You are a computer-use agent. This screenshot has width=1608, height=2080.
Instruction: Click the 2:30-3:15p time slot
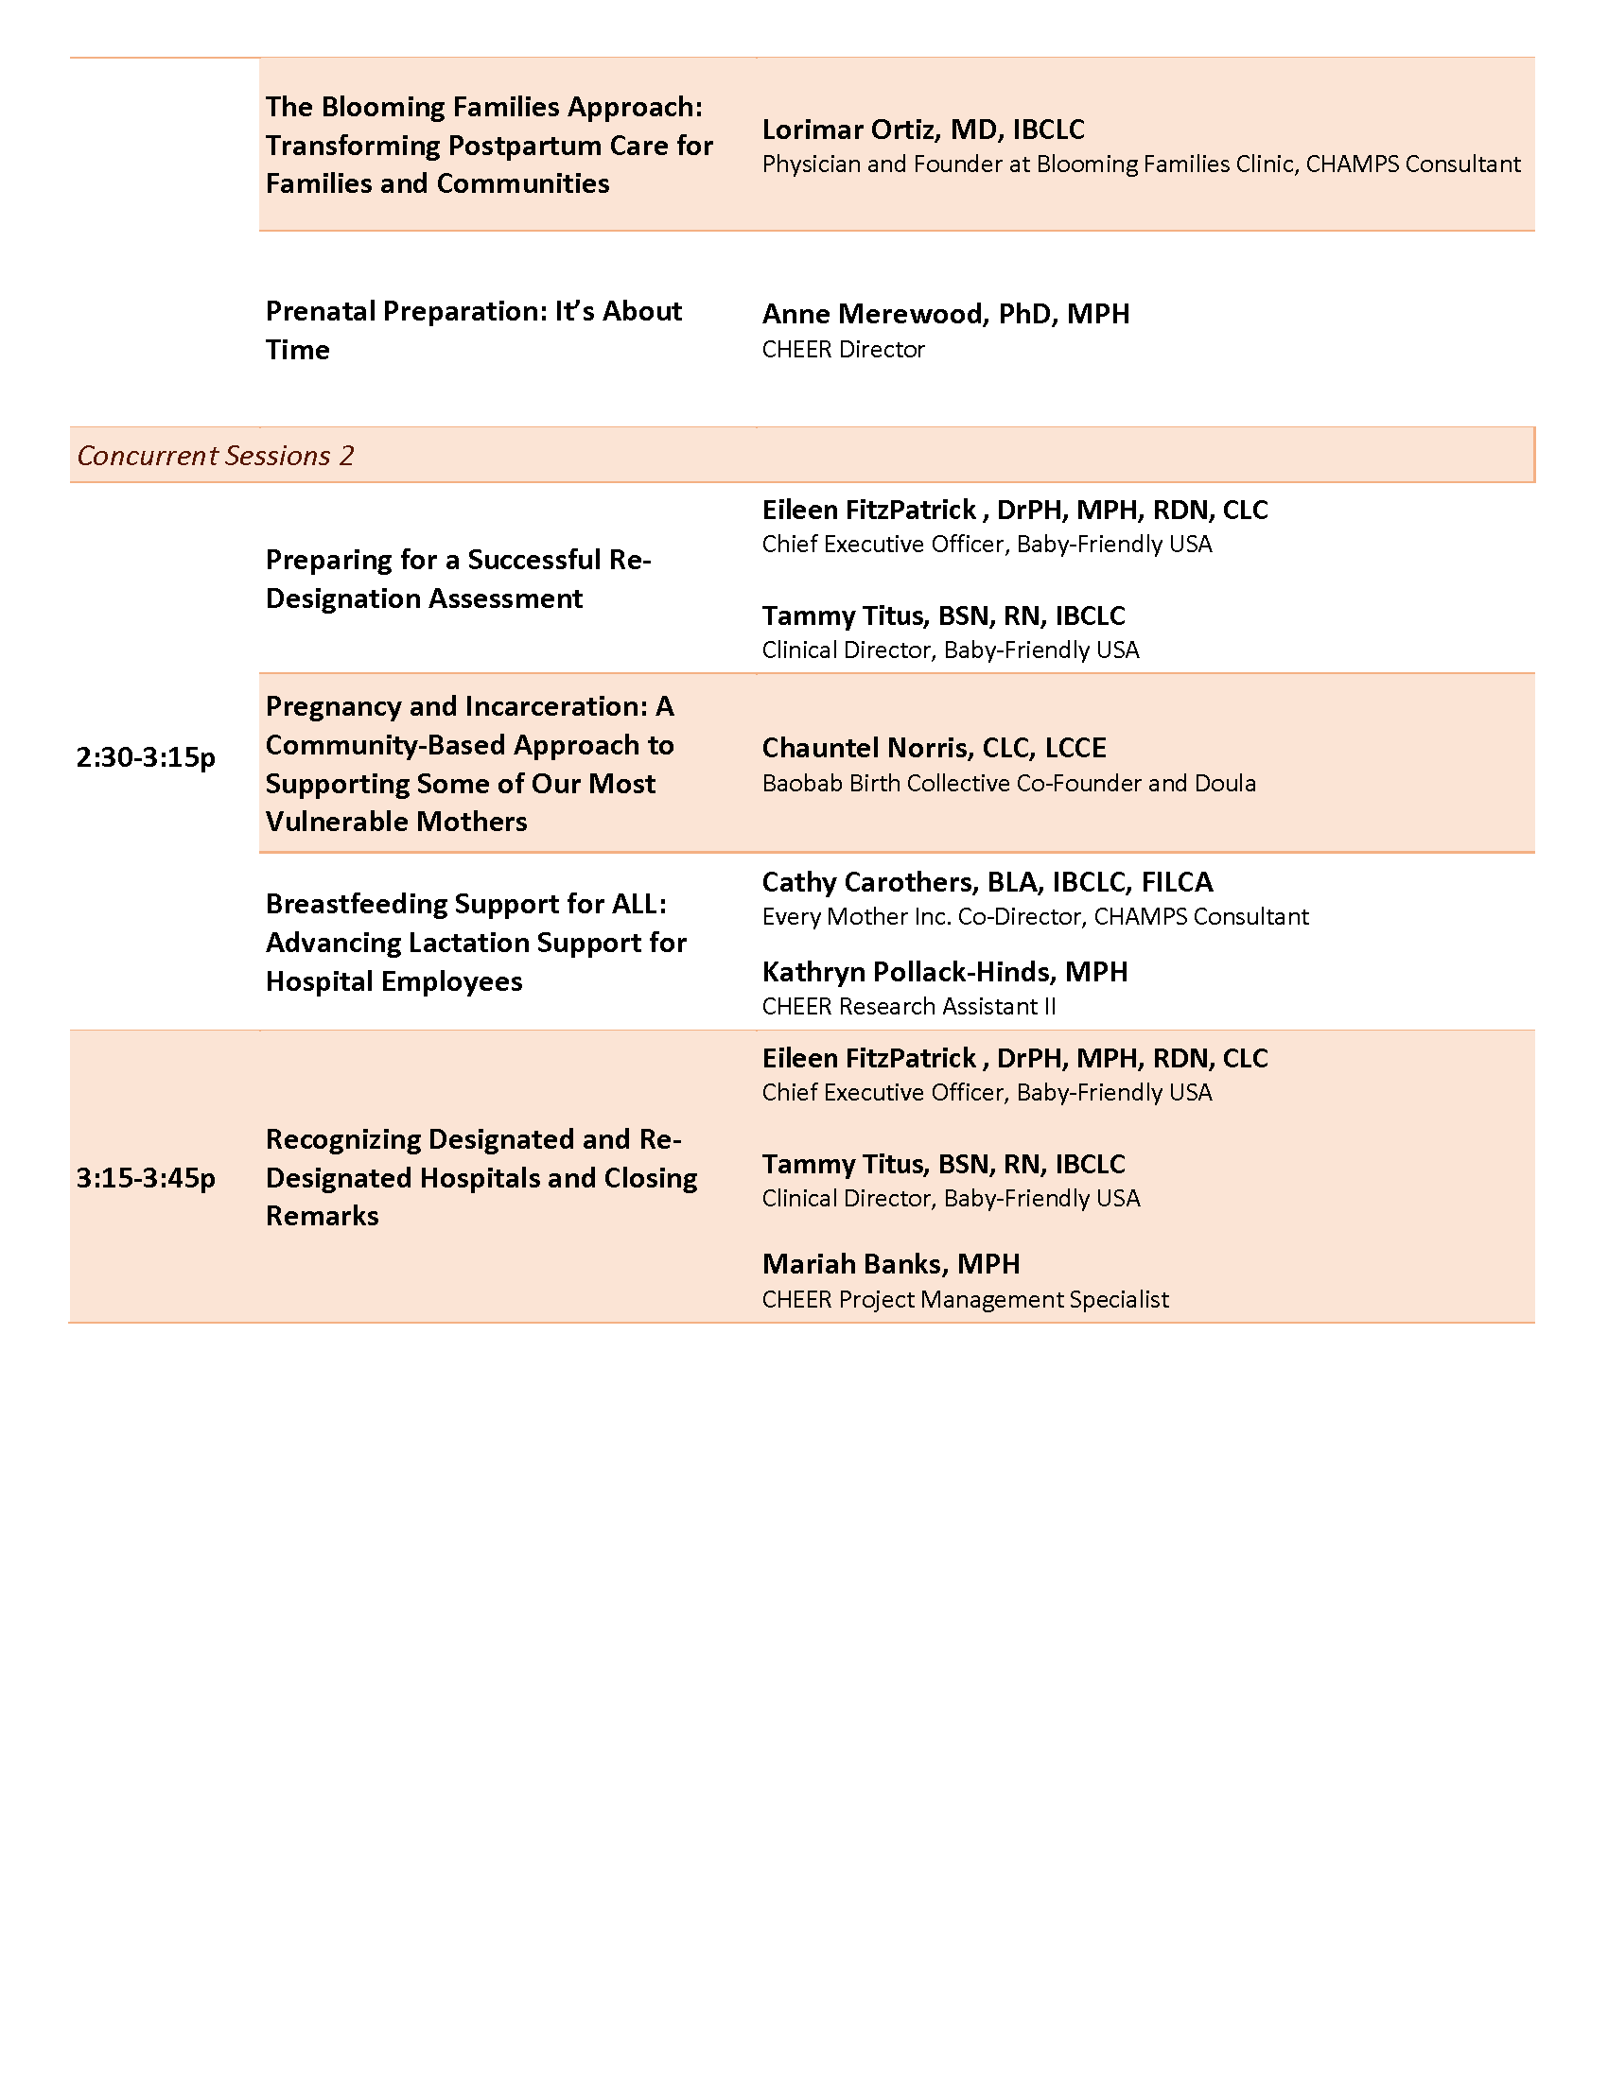(146, 757)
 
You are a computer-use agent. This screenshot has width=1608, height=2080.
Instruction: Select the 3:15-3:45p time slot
(146, 1178)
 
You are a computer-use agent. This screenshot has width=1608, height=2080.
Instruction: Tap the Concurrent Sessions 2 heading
(216, 456)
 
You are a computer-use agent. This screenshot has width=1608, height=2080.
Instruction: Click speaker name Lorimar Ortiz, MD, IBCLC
(923, 130)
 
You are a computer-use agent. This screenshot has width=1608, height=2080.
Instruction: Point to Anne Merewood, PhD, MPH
(945, 313)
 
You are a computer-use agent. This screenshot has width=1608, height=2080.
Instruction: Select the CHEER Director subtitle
(843, 350)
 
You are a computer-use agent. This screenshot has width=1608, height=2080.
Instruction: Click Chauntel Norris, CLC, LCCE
(934, 748)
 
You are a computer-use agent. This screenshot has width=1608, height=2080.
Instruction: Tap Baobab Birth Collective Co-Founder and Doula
(1009, 783)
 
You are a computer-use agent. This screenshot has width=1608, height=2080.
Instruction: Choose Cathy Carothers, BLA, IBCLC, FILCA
(987, 882)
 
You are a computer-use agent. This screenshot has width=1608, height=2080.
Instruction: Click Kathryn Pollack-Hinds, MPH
(944, 971)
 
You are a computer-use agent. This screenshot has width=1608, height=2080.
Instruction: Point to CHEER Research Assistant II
(909, 1007)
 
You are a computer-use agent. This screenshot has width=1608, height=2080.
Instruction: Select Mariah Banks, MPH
(891, 1264)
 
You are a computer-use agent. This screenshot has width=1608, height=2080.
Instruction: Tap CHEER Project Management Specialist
(965, 1299)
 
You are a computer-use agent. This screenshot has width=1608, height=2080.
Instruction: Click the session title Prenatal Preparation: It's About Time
(474, 330)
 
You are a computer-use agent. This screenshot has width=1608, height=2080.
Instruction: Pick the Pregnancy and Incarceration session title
(470, 764)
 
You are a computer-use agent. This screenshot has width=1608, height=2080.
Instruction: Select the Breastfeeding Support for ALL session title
(476, 942)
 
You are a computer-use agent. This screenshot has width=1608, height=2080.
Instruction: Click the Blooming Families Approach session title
(489, 145)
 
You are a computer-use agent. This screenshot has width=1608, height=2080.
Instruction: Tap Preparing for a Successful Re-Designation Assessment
(458, 578)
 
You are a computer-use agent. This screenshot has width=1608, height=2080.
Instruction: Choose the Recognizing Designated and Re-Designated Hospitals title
(481, 1177)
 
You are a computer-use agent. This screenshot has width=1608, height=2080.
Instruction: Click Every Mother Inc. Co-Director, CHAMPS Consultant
(1035, 916)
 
